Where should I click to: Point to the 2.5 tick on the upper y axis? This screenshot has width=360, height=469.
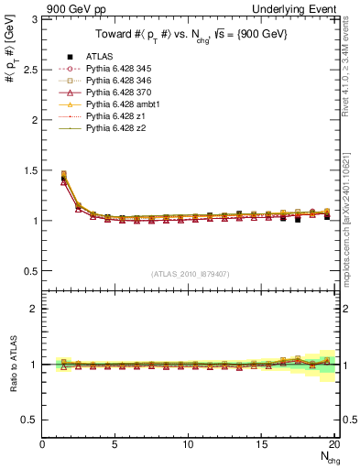tap(30, 69)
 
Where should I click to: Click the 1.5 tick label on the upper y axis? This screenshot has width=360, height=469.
tap(30, 170)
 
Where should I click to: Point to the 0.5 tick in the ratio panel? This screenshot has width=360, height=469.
tap(30, 420)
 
